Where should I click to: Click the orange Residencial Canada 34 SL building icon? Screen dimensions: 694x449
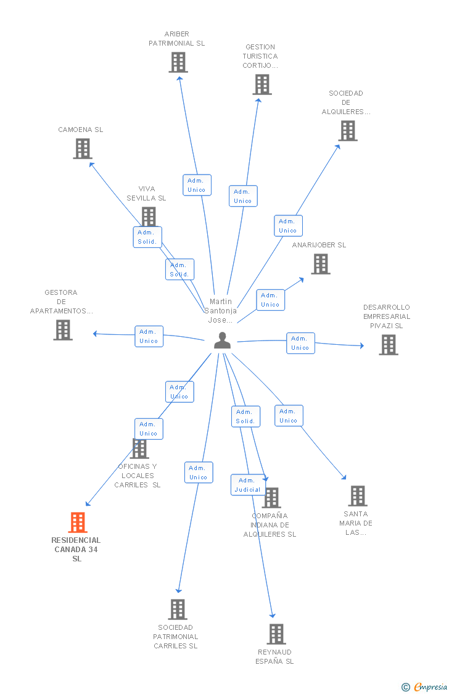tap(77, 523)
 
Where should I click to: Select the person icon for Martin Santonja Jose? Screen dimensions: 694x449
tap(222, 341)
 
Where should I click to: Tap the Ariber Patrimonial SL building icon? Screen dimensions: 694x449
tap(178, 62)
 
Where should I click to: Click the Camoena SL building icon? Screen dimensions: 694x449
tap(83, 149)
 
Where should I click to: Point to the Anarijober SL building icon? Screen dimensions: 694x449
tap(320, 264)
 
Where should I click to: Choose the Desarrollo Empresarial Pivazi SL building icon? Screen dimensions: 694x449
tap(388, 345)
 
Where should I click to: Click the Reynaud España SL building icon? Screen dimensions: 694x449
tap(276, 634)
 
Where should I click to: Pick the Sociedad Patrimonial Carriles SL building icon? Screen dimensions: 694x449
tap(178, 609)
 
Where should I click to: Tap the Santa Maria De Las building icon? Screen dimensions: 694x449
tap(357, 496)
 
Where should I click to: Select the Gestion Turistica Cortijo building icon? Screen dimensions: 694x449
tap(262, 85)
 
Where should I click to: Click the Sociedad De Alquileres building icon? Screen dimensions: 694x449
tap(347, 131)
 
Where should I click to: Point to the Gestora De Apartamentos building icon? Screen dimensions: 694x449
tap(62, 330)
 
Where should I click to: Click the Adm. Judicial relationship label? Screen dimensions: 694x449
tap(247, 485)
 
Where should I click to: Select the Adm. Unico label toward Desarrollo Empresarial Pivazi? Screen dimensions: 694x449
tap(300, 343)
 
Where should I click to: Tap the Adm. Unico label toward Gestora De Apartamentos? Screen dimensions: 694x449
tap(149, 336)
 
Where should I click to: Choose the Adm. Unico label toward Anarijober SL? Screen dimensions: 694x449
tap(270, 300)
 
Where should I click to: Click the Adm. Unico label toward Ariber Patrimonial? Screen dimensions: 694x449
tap(197, 185)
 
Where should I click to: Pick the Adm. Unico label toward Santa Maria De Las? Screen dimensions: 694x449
tap(288, 416)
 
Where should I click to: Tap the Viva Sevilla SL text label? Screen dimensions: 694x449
tap(146, 193)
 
